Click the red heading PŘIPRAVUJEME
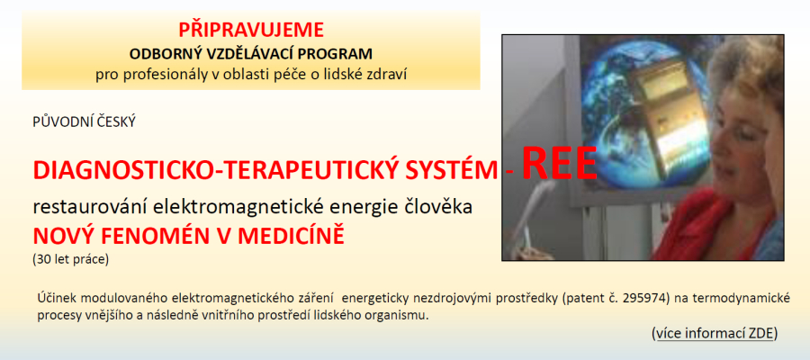coord(251,30)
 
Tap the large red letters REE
coord(559,163)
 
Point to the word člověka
coord(448,208)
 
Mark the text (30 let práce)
coord(71,260)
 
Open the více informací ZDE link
coord(715,334)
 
